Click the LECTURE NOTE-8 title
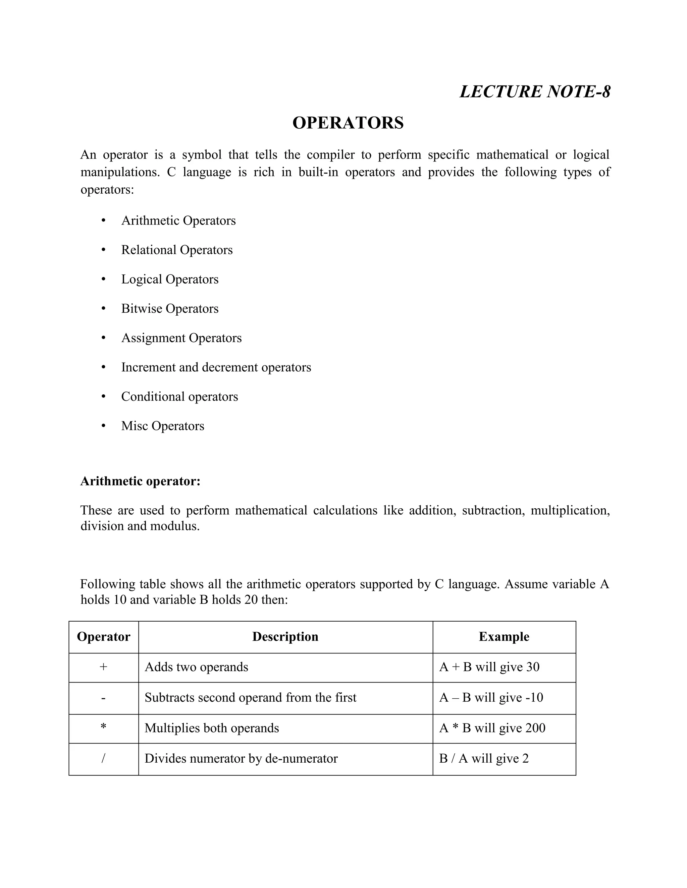535,91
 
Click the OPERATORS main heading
348,123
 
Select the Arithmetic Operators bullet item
178,220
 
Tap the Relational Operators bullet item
177,250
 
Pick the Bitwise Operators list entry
170,309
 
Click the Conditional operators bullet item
179,396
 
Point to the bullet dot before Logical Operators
103,279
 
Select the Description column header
285,637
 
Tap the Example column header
504,637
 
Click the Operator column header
103,637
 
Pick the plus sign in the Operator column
103,667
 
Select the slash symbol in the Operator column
103,758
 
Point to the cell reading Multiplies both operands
212,728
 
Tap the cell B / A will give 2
483,759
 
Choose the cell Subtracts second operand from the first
250,698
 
